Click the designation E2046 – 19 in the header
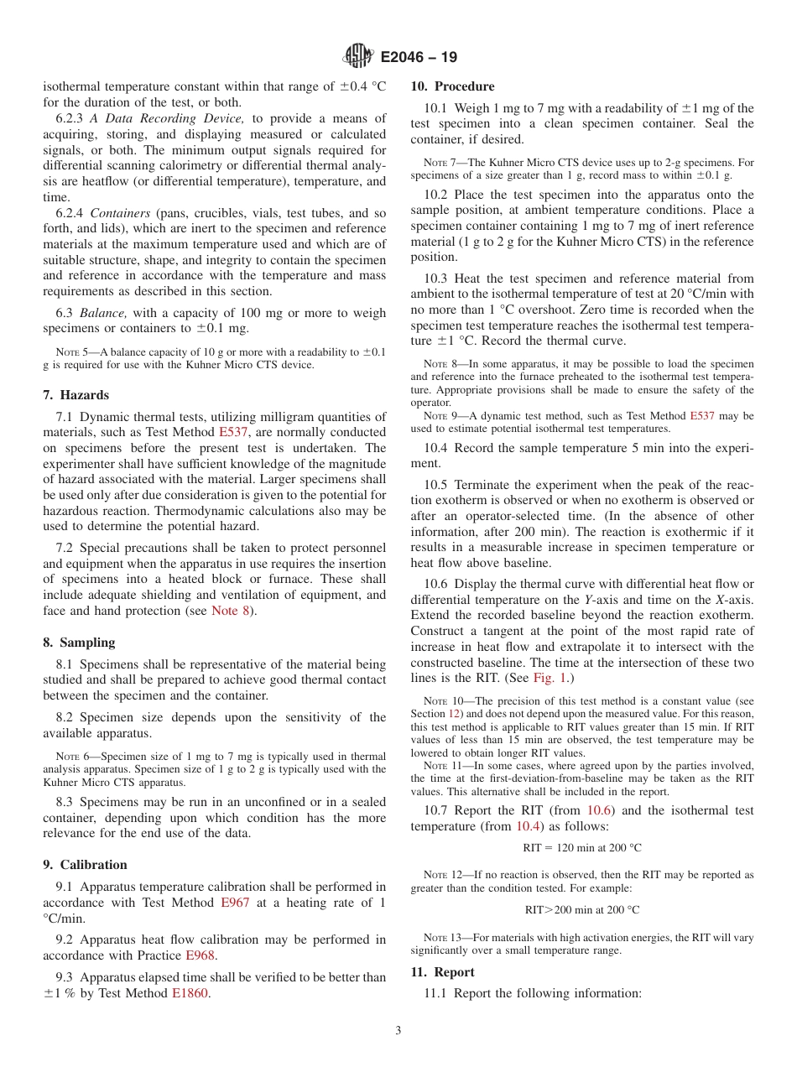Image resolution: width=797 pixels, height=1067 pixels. pos(419,58)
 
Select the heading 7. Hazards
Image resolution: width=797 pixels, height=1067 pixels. pos(76,395)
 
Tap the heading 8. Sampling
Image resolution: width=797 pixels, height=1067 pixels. pos(79,643)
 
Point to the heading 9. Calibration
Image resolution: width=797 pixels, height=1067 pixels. pos(85,865)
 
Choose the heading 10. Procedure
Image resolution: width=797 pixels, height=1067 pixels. pos(452,86)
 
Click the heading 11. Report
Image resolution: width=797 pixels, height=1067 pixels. pos(442,972)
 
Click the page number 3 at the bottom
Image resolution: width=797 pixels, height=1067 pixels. pos(398,1031)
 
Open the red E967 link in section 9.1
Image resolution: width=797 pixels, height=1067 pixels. pos(235,903)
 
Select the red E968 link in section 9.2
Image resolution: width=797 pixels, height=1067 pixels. pos(200,955)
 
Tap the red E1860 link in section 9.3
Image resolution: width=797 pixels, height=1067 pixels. pos(190,994)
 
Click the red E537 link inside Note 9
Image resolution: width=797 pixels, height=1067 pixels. pos(701,416)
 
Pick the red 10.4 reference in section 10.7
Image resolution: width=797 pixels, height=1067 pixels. pos(529,826)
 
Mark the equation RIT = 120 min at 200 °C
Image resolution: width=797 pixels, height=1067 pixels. pos(582,848)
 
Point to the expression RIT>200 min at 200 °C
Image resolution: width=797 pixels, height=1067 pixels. pos(582,909)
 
